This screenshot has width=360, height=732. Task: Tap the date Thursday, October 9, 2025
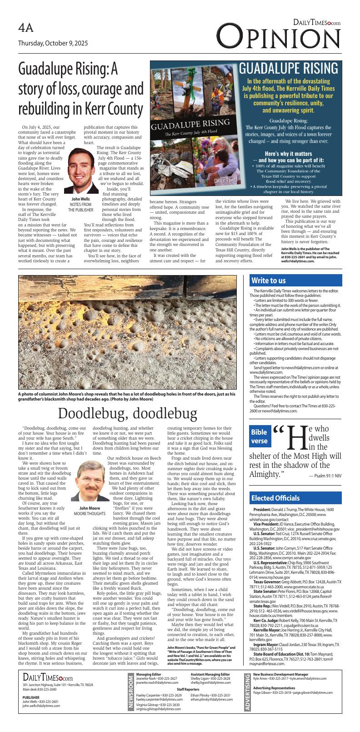tap(53, 44)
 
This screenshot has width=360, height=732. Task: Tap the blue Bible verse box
tap(260, 437)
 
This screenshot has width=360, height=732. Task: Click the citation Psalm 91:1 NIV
tap(325, 476)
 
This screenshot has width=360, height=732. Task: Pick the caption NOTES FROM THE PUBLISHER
tap(80, 207)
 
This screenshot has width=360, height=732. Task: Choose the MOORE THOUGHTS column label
tap(90, 513)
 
